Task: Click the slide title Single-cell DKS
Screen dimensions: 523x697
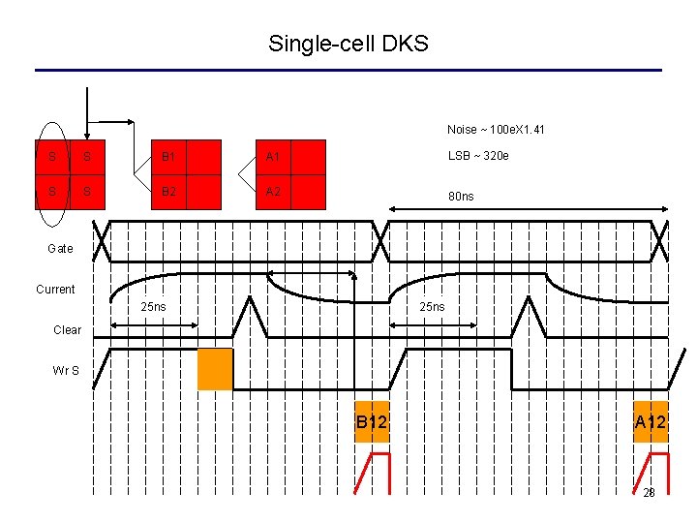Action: pyautogui.click(x=348, y=44)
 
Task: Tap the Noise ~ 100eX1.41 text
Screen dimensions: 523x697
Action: pyautogui.click(x=489, y=130)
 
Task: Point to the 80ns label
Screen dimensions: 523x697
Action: pyautogui.click(x=461, y=197)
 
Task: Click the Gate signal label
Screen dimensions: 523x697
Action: pyautogui.click(x=60, y=249)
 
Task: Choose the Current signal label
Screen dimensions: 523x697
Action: pyautogui.click(x=55, y=290)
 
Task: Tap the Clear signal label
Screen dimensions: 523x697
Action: pyautogui.click(x=67, y=330)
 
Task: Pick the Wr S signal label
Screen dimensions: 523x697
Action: pyautogui.click(x=67, y=370)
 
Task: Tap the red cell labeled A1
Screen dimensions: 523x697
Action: pyautogui.click(x=273, y=157)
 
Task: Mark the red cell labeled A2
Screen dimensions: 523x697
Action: pyautogui.click(x=273, y=191)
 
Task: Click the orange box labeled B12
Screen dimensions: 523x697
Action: pyautogui.click(x=372, y=421)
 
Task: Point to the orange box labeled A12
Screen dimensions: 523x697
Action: pyautogui.click(x=651, y=421)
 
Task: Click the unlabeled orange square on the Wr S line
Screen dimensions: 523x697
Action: pyautogui.click(x=215, y=369)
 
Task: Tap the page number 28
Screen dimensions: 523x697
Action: pyautogui.click(x=650, y=493)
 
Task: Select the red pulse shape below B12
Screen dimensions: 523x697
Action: pyautogui.click(x=371, y=472)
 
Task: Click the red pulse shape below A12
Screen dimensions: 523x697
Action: pyautogui.click(x=651, y=472)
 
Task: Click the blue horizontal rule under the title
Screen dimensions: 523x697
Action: pyautogui.click(x=348, y=70)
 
